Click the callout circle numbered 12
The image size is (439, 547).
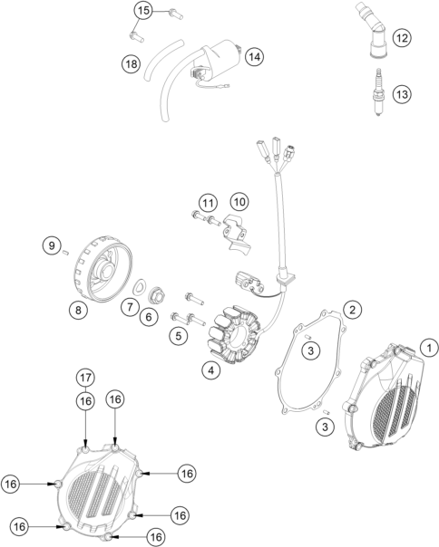coord(402,38)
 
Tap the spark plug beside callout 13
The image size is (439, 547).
coord(378,92)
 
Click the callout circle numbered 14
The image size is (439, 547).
coord(255,56)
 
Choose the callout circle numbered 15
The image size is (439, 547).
coord(143,11)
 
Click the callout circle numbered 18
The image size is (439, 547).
coord(132,64)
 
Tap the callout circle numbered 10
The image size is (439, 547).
coord(239,202)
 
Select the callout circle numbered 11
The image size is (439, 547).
coord(208,203)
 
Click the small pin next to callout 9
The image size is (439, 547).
coord(65,253)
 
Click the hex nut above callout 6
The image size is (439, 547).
coord(157,296)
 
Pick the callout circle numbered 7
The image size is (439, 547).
coord(130,307)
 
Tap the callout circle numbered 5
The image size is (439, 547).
coord(179,336)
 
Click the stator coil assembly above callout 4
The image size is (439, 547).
coord(234,334)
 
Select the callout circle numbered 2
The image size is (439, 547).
coord(352,310)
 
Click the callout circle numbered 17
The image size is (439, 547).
coord(85,378)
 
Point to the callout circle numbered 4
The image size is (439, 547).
coord(210,370)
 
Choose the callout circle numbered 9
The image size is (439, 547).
coord(52,245)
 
